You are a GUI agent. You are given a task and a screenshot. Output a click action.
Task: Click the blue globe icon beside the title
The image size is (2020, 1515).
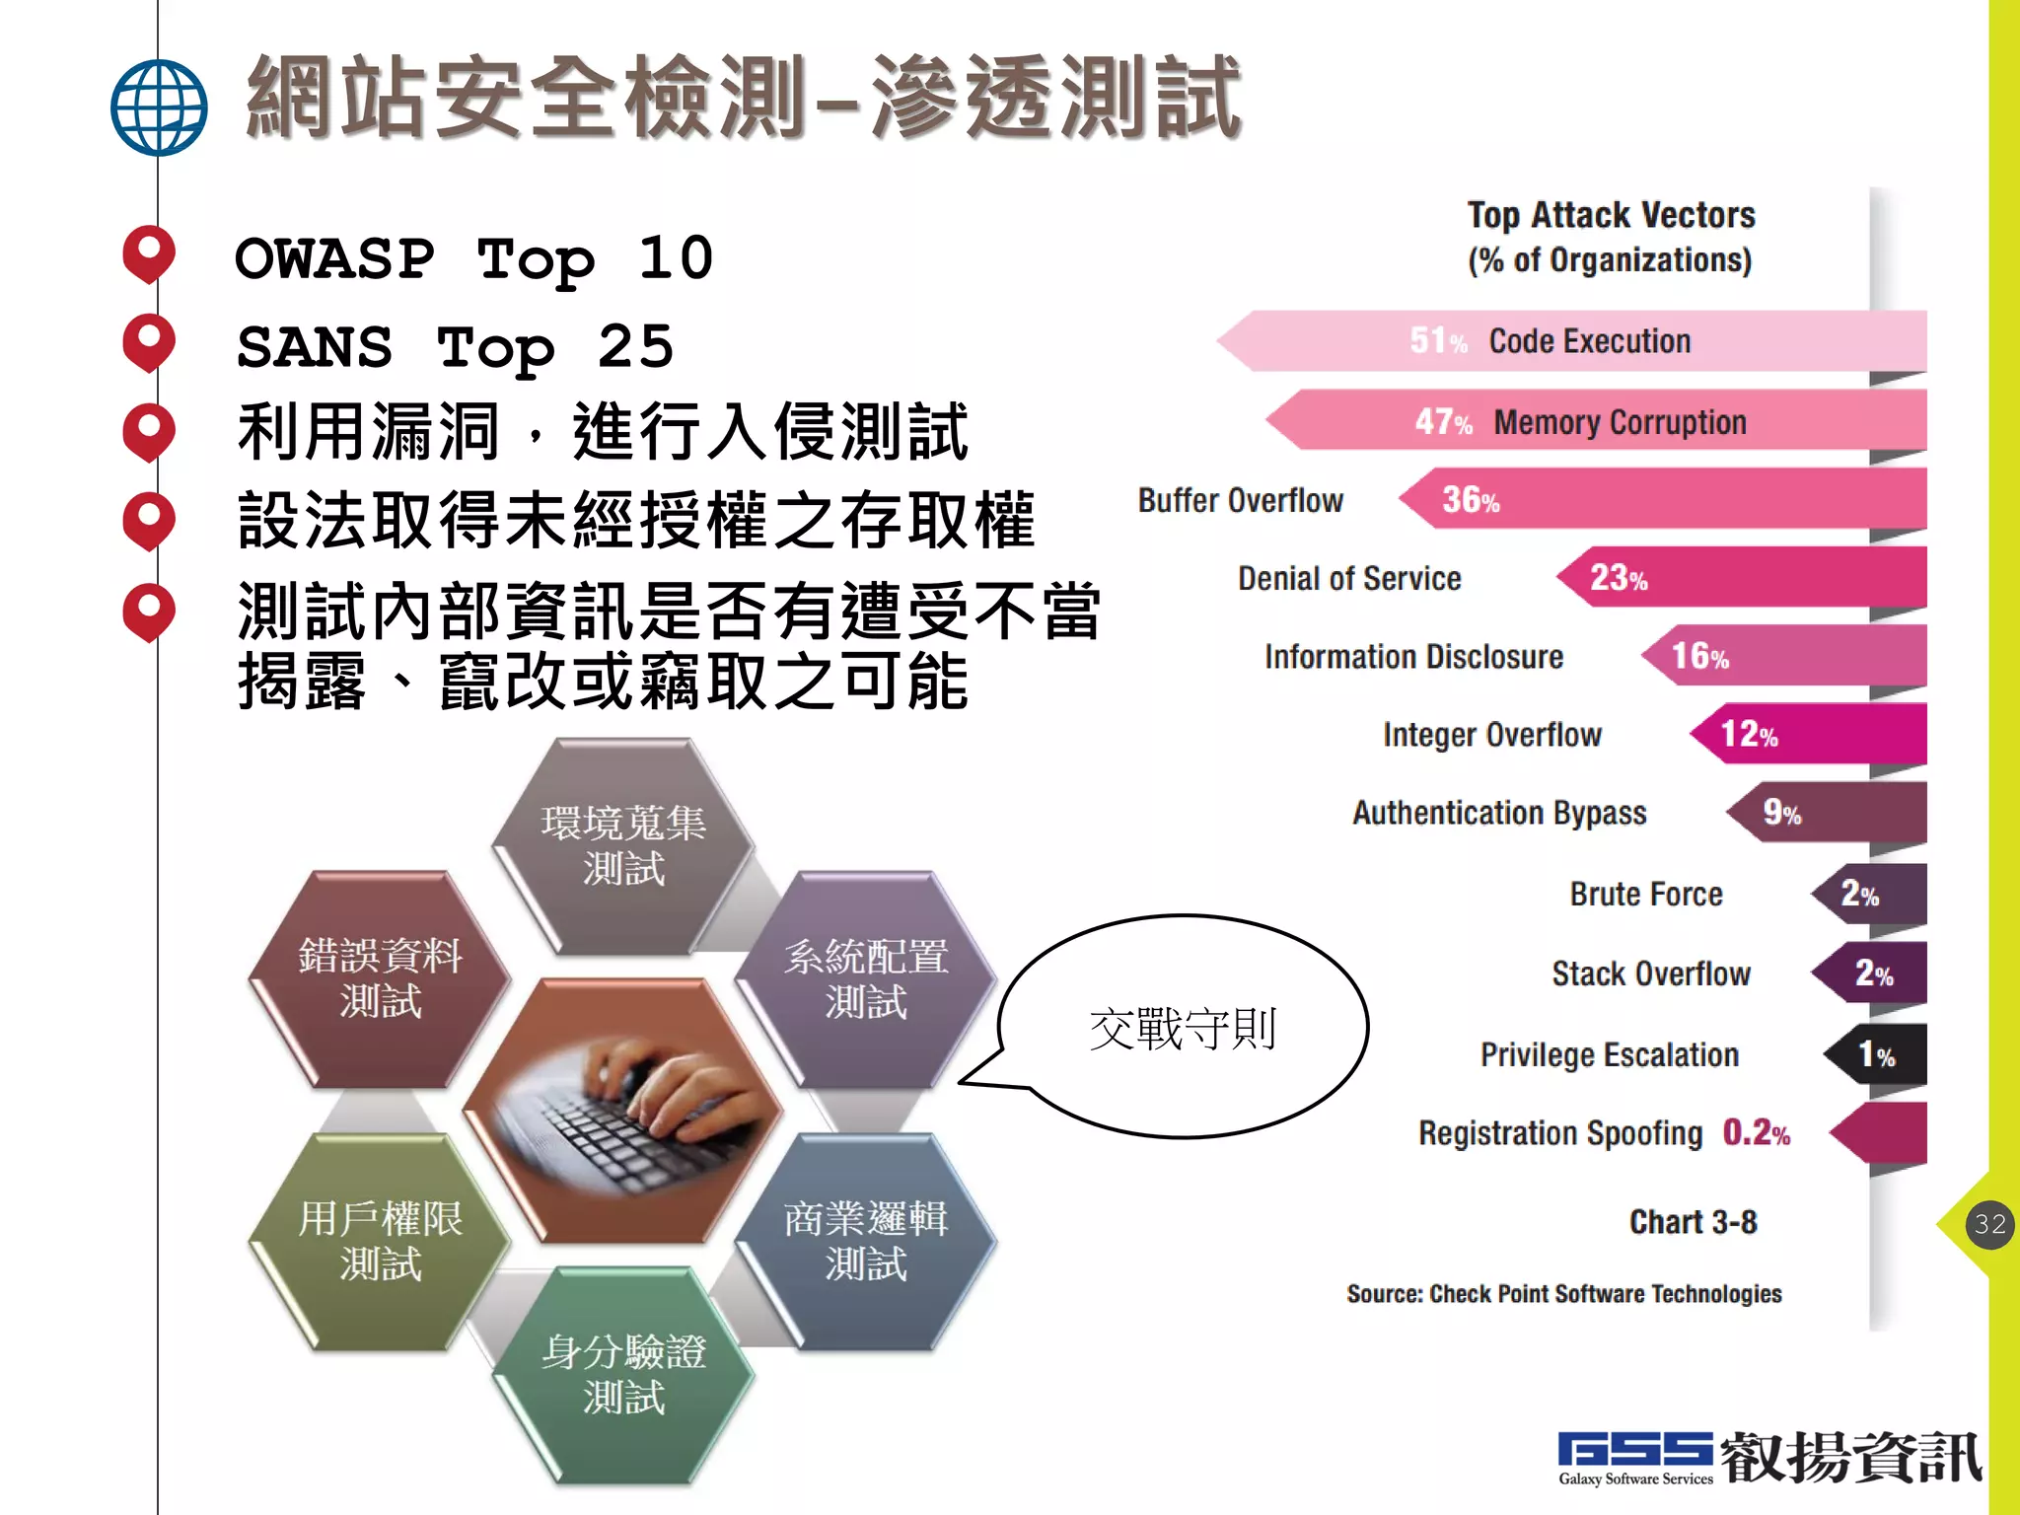pos(159,108)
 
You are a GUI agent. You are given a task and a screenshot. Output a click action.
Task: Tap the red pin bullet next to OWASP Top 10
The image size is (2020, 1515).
pos(149,252)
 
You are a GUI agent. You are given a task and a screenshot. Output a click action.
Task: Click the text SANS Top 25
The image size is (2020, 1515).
pos(455,347)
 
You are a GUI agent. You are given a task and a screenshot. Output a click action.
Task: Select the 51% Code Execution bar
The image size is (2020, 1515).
pos(1578,341)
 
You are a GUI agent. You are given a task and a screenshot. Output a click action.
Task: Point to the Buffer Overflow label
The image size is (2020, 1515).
pos(1240,500)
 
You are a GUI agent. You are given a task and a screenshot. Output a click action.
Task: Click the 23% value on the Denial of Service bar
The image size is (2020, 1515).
pos(1618,577)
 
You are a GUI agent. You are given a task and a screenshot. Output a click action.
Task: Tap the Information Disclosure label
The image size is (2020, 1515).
pos(1413,657)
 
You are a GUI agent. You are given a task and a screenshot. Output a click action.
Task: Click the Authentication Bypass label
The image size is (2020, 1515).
pos(1499,813)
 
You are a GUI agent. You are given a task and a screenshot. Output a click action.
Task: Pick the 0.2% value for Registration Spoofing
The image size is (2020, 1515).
pos(1756,1133)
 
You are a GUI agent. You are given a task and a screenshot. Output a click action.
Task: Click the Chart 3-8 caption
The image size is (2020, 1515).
pos(1693,1222)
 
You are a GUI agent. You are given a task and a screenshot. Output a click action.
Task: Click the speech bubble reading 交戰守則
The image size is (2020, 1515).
pos(1183,1028)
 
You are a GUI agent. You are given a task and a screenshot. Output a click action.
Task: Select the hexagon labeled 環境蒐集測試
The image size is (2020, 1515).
pos(623,846)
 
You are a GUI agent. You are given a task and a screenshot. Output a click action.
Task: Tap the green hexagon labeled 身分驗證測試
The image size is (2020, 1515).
pos(623,1374)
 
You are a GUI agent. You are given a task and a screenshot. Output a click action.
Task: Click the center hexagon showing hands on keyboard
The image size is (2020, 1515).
pos(623,1110)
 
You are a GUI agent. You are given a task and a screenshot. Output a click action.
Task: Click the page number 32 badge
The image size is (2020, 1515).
pos(1989,1224)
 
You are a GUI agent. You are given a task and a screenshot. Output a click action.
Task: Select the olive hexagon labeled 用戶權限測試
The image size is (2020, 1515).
pos(380,1241)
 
